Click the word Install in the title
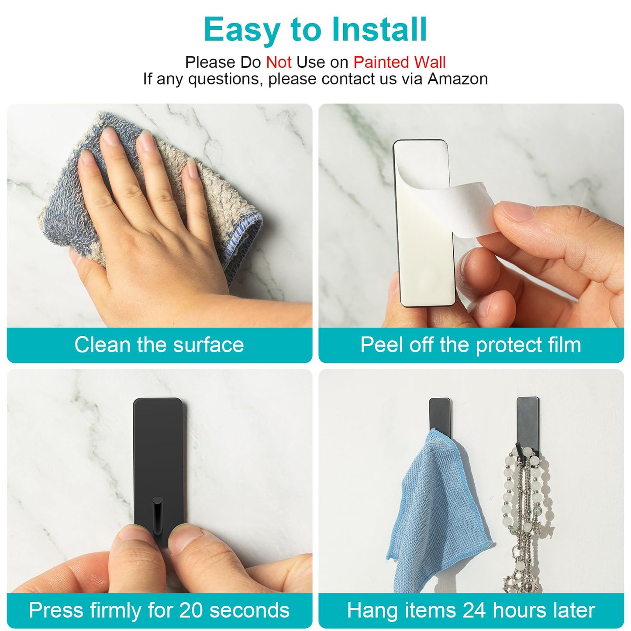[x=379, y=30]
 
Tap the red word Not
[x=279, y=62]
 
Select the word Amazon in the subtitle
[x=458, y=79]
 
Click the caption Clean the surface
[x=159, y=345]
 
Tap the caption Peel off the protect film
[x=471, y=345]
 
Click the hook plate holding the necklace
[x=528, y=426]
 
